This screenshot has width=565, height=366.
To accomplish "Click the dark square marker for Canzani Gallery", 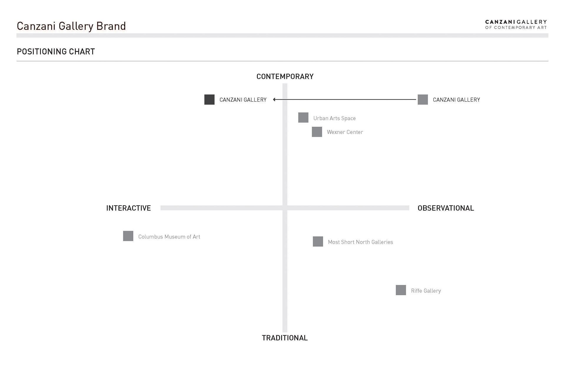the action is [209, 100].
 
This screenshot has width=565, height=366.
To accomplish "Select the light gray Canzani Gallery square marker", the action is [423, 100].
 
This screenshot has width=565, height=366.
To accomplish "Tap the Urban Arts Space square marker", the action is [303, 118].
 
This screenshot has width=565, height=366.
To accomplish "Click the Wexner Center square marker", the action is [317, 132].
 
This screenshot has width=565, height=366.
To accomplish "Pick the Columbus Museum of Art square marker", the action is [128, 236].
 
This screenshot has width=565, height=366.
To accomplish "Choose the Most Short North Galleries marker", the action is [318, 242].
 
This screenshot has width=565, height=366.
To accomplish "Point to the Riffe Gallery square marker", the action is [401, 290].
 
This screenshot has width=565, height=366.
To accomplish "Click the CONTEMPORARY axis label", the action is [285, 77].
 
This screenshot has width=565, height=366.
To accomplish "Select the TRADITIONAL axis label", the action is [285, 338].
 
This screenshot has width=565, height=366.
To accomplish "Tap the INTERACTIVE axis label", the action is [128, 208].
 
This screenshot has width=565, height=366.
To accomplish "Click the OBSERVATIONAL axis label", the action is [446, 208].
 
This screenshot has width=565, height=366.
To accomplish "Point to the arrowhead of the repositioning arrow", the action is [275, 100].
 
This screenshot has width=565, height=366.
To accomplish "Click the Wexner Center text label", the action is [345, 132].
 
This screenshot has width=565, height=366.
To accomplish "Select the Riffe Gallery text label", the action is [426, 291].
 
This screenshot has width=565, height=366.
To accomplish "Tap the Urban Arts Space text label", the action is [334, 118].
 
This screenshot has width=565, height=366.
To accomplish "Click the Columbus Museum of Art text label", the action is [169, 237].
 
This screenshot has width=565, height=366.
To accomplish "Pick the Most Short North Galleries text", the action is [360, 242].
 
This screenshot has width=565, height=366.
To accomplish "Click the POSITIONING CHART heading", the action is [56, 52].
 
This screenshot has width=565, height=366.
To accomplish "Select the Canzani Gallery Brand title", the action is [71, 26].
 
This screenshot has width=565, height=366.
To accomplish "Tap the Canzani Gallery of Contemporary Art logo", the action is [516, 24].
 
